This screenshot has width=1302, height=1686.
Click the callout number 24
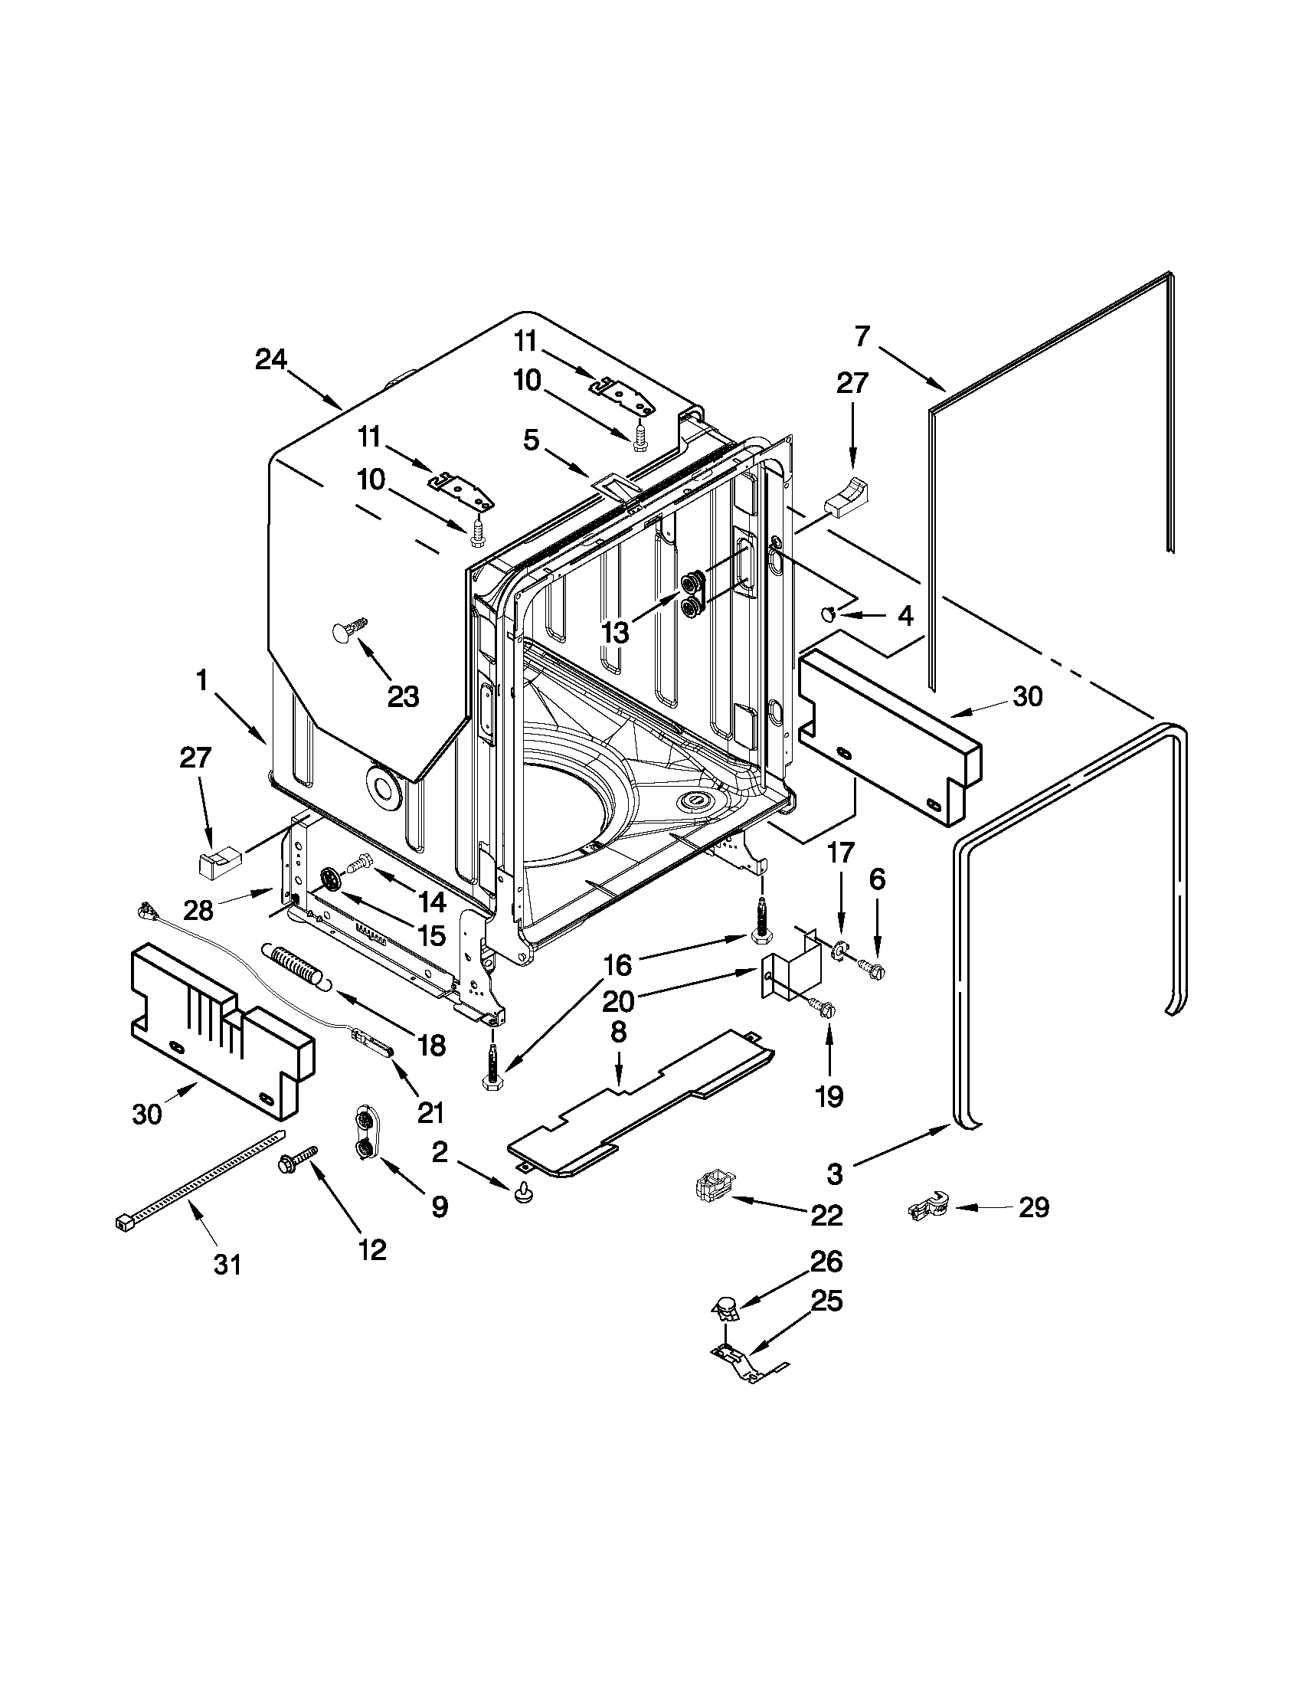[271, 360]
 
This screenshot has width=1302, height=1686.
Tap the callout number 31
[227, 1265]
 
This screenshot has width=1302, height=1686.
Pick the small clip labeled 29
[927, 1207]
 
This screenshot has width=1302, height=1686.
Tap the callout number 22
[827, 1216]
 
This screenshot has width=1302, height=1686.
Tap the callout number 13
[615, 632]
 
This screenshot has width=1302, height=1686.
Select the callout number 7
[862, 336]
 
